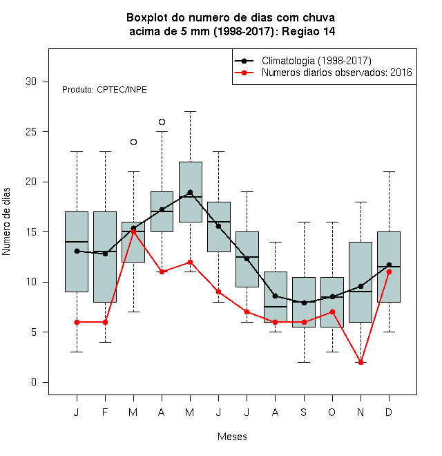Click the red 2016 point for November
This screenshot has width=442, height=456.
[361, 362]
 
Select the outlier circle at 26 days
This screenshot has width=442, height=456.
[162, 122]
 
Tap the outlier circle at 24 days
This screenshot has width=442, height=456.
[133, 142]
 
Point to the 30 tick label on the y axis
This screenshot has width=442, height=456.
[31, 82]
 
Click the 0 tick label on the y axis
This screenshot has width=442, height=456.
[34, 382]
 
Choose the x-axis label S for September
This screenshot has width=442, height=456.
[304, 412]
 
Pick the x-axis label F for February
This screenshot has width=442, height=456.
[105, 412]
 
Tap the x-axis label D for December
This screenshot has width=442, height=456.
[389, 412]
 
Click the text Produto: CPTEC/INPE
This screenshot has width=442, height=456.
[104, 90]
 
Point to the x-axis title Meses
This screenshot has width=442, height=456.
[232, 437]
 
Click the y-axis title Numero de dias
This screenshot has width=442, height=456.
[6, 222]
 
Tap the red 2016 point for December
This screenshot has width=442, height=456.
[389, 272]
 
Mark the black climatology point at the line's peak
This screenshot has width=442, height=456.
[190, 192]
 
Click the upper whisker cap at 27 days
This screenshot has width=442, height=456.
[190, 111]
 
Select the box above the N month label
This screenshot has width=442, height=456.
[361, 282]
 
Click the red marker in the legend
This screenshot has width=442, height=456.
[244, 73]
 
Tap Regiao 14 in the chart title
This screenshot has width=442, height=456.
[309, 31]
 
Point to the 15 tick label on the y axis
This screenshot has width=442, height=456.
[31, 231]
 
